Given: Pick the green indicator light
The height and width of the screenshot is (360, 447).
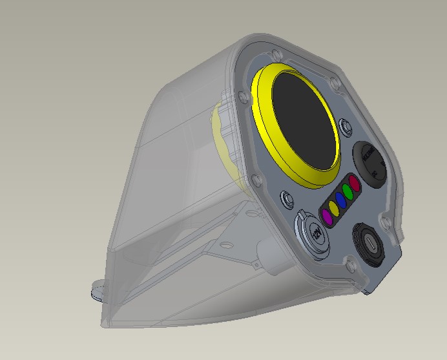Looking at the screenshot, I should [x=348, y=191].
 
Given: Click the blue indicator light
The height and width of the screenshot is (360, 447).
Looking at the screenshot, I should [x=341, y=200].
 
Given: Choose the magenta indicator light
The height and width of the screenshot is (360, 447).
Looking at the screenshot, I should [x=327, y=218].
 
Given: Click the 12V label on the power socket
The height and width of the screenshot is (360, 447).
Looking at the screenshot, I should [x=317, y=233].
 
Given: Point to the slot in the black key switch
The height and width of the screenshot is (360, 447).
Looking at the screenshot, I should [x=368, y=243].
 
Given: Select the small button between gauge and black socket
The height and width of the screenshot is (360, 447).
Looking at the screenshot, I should [x=344, y=123].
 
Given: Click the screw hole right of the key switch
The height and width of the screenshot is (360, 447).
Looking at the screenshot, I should [x=387, y=223].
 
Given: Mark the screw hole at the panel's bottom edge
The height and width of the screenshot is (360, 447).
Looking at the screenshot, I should [x=349, y=264].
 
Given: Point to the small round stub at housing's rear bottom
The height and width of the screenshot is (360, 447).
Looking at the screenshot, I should [x=98, y=293].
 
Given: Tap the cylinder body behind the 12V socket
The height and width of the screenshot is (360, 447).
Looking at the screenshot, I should [x=268, y=249].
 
